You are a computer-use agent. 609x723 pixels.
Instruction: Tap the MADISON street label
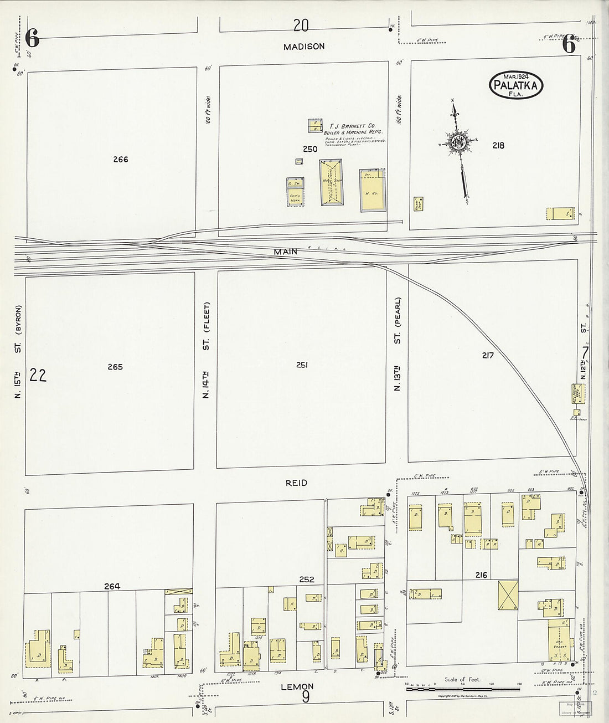[x=303, y=47]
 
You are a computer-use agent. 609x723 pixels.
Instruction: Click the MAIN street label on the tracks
[x=286, y=252]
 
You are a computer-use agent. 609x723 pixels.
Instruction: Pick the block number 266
[x=120, y=160]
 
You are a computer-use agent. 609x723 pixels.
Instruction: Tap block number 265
[x=115, y=367]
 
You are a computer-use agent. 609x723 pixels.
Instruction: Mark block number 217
[x=487, y=355]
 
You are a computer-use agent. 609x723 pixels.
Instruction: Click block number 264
[x=112, y=586]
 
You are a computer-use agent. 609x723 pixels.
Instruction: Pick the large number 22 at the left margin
[x=38, y=376]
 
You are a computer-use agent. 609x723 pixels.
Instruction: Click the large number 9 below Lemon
[x=306, y=696]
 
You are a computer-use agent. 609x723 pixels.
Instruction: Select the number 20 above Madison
[x=301, y=25]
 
